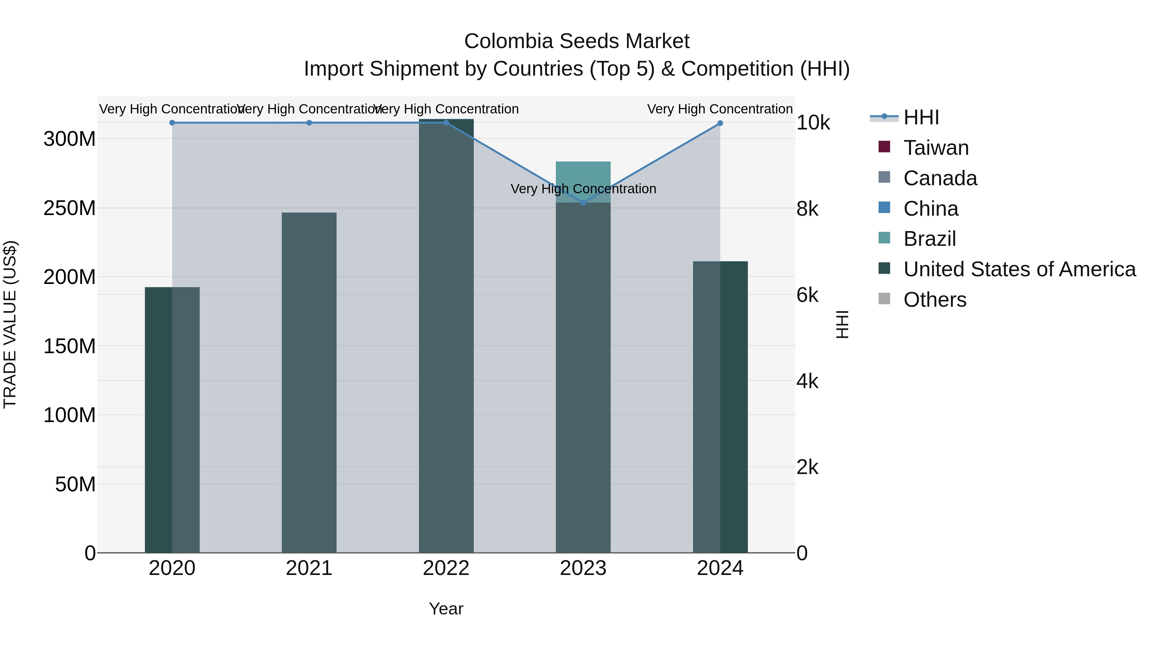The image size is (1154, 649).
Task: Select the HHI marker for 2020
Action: [172, 123]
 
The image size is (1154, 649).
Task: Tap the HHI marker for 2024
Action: [720, 123]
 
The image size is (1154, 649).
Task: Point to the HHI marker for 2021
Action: [309, 123]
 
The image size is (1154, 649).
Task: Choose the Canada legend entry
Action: [940, 178]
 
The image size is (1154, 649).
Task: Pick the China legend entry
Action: [931, 209]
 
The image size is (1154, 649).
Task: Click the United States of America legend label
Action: [1019, 269]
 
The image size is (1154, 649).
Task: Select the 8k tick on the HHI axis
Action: [807, 209]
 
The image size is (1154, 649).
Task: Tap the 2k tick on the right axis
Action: [807, 467]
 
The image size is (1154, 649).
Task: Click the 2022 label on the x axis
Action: [446, 568]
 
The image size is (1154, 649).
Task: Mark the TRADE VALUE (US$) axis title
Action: [10, 324]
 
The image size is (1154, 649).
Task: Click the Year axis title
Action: [446, 609]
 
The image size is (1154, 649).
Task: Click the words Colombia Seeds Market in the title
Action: [577, 41]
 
